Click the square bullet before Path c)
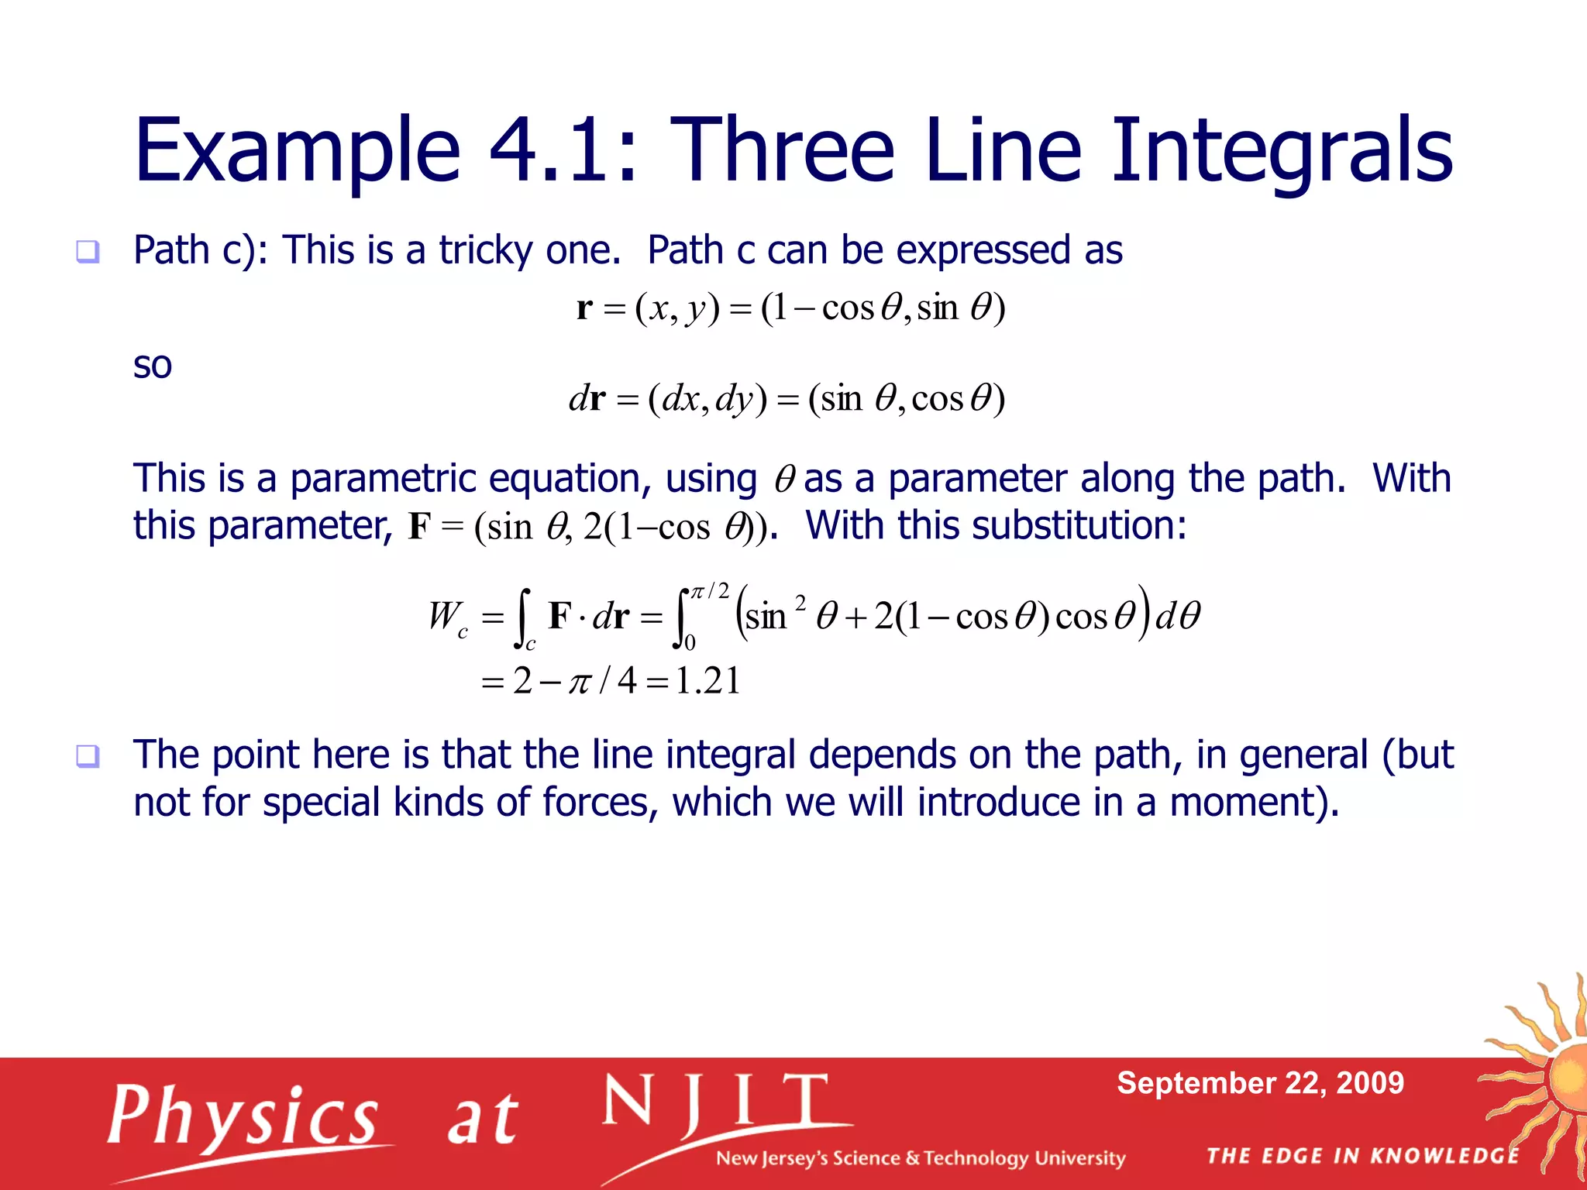pos(88,251)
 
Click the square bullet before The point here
pos(88,755)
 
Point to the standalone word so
pos(152,365)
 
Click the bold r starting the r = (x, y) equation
pos(584,308)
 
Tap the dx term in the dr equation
pos(680,399)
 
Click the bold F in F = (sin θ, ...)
pos(419,527)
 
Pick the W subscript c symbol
pos(447,617)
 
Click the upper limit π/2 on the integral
pos(709,592)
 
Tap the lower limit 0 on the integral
pos(690,642)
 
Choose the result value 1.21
pos(707,681)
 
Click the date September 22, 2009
pos(1260,1082)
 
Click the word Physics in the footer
pos(243,1116)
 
